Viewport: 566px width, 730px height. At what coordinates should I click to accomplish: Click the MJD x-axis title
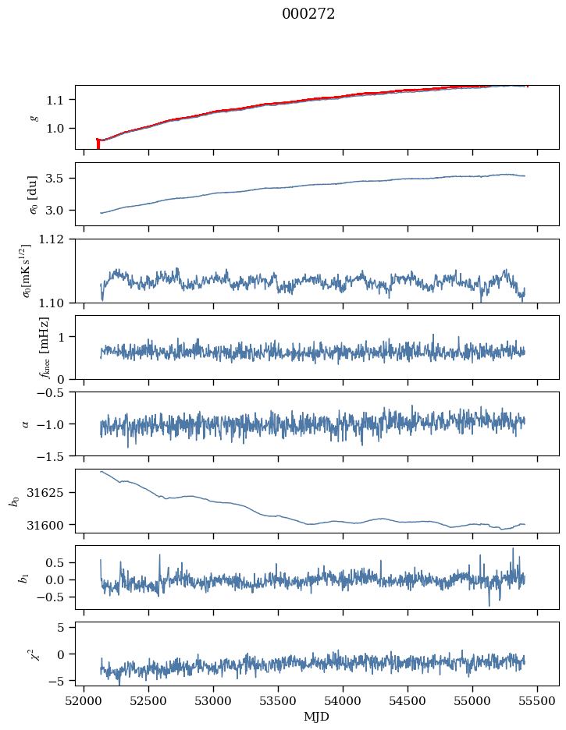pyautogui.click(x=316, y=717)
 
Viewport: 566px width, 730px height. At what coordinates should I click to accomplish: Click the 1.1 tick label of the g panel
pyautogui.click(x=60, y=100)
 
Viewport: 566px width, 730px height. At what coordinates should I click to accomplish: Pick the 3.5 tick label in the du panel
pyautogui.click(x=60, y=179)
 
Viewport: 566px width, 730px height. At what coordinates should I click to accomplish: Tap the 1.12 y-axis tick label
pyautogui.click(x=57, y=239)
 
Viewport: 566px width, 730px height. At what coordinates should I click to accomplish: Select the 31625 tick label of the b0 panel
pyautogui.click(x=53, y=493)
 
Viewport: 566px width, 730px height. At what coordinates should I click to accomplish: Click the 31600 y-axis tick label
pyautogui.click(x=53, y=525)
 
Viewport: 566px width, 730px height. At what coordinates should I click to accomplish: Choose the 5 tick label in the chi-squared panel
pyautogui.click(x=66, y=627)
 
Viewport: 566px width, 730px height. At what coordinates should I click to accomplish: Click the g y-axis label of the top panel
pyautogui.click(x=33, y=118)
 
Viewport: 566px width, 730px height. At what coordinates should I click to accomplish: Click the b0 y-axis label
pyautogui.click(x=13, y=501)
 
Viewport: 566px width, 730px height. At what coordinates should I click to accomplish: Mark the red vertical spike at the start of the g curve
pyautogui.click(x=98, y=144)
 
